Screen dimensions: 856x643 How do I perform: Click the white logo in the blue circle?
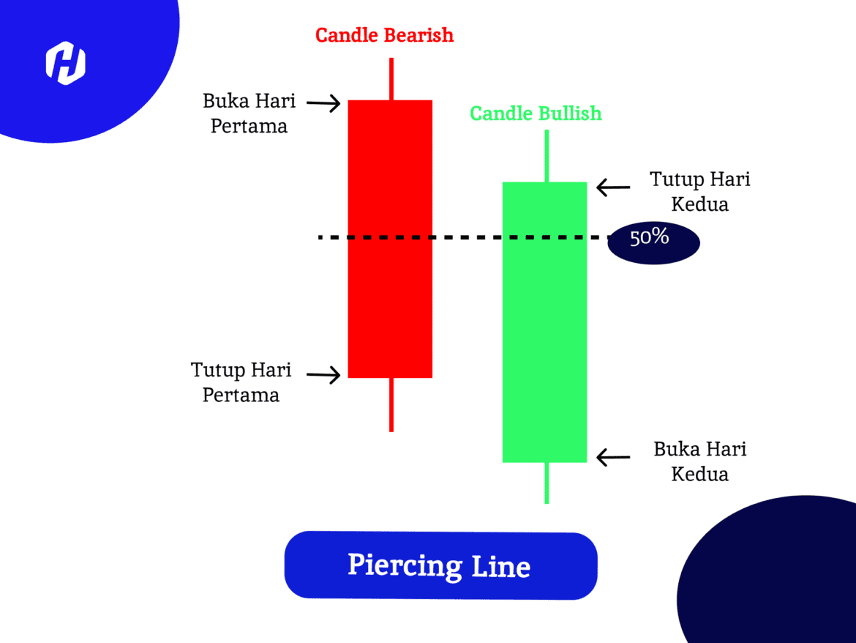click(66, 63)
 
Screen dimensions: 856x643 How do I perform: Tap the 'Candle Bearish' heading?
click(384, 35)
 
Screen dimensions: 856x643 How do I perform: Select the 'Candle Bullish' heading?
click(536, 114)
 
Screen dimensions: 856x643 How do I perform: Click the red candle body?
click(391, 239)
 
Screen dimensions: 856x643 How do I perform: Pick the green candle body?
click(545, 322)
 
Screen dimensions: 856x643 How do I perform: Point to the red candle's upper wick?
click(391, 79)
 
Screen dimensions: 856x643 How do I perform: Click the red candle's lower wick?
click(391, 405)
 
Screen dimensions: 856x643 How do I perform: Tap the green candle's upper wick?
click(547, 156)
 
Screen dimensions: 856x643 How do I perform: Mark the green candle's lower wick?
click(547, 483)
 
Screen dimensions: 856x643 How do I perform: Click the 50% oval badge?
click(653, 242)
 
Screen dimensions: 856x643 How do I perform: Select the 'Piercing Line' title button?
click(440, 565)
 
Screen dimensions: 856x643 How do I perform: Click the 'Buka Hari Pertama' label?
click(249, 113)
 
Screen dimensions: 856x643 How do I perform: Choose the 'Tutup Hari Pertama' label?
click(241, 382)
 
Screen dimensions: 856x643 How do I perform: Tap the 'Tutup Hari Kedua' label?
click(700, 191)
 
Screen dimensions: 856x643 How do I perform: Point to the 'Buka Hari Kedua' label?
click(700, 461)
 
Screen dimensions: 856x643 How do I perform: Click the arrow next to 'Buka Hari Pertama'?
click(323, 103)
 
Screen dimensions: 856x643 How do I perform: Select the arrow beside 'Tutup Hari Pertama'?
click(323, 375)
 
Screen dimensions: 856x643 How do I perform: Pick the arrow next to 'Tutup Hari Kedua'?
click(613, 187)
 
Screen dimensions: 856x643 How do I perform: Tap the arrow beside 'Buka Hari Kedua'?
click(613, 457)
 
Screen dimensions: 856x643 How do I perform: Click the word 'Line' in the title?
click(500, 566)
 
